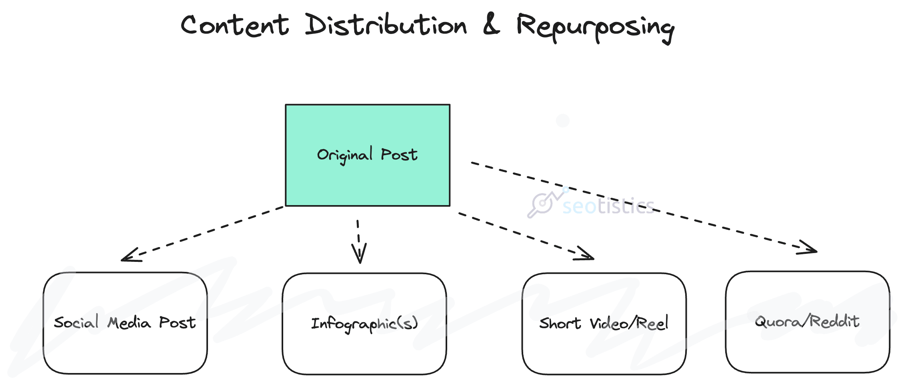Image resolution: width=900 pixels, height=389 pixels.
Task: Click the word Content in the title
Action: [x=235, y=25]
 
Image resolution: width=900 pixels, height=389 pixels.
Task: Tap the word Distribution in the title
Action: [x=386, y=25]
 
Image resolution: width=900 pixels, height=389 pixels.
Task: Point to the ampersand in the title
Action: [x=491, y=24]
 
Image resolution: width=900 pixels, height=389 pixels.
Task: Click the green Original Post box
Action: [x=367, y=180]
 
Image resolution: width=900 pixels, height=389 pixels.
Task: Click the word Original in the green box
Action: [x=345, y=155]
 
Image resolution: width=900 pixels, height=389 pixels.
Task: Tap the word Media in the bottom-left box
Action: [x=129, y=323]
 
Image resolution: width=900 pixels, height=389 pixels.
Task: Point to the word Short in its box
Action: [x=560, y=323]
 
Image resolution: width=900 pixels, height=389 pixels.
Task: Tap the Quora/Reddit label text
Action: [x=807, y=321]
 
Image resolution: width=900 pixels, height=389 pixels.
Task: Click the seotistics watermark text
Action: [x=608, y=206]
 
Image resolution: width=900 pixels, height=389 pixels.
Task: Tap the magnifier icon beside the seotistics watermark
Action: [x=542, y=204]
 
